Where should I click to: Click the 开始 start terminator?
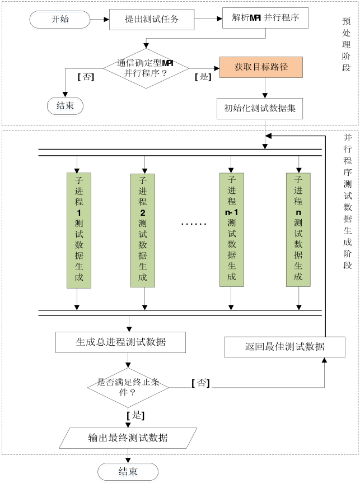(x=60, y=21)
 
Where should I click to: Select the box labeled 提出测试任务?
(x=152, y=19)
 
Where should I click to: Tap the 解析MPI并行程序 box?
(x=265, y=18)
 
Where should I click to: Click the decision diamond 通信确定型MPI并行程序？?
(x=146, y=68)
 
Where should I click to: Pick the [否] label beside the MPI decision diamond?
(x=87, y=77)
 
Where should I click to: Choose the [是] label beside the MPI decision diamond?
(x=204, y=77)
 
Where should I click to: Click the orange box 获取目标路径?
(x=261, y=67)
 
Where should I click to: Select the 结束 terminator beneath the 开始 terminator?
(x=66, y=108)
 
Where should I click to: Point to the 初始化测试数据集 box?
(x=260, y=109)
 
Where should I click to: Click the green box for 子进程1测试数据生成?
(x=79, y=230)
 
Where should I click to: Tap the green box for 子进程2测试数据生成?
(x=143, y=230)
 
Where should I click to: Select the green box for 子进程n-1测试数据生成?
(x=232, y=230)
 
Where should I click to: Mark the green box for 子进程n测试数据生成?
(x=298, y=230)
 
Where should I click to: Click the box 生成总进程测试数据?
(x=120, y=342)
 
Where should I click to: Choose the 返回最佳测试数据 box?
(x=284, y=347)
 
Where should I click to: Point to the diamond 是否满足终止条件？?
(x=128, y=387)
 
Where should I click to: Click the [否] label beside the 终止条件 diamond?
(x=201, y=383)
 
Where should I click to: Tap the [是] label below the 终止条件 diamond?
(x=136, y=415)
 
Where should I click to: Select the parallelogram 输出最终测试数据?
(x=128, y=438)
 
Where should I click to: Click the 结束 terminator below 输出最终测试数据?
(x=128, y=473)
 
